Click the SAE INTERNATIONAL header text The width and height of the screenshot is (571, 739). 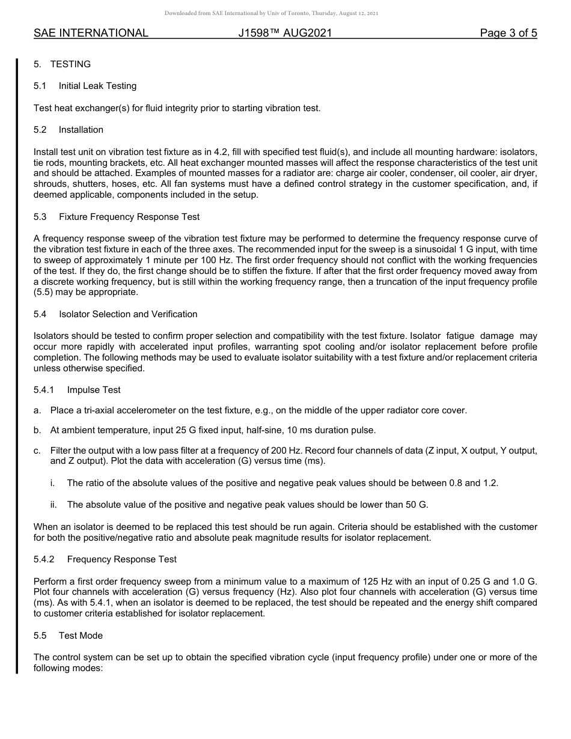coord(91,33)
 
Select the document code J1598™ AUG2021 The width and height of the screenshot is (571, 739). coord(285,33)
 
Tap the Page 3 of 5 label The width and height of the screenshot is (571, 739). coord(508,33)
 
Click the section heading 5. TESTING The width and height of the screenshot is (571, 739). coord(62,64)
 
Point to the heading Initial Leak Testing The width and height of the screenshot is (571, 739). coord(97,86)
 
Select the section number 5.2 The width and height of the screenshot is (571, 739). coord(40,130)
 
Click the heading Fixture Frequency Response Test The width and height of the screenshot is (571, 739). coord(129,216)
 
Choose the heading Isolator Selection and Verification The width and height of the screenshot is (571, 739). coord(127,314)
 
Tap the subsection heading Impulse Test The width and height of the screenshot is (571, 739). coord(93,390)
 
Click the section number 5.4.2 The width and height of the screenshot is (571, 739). coord(44,559)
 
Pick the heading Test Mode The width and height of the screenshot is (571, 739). coord(81,636)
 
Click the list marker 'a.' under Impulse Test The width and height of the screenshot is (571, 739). coord(37,410)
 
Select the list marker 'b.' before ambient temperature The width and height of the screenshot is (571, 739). coord(37,430)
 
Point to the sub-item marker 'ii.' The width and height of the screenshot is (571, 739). coord(53,505)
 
